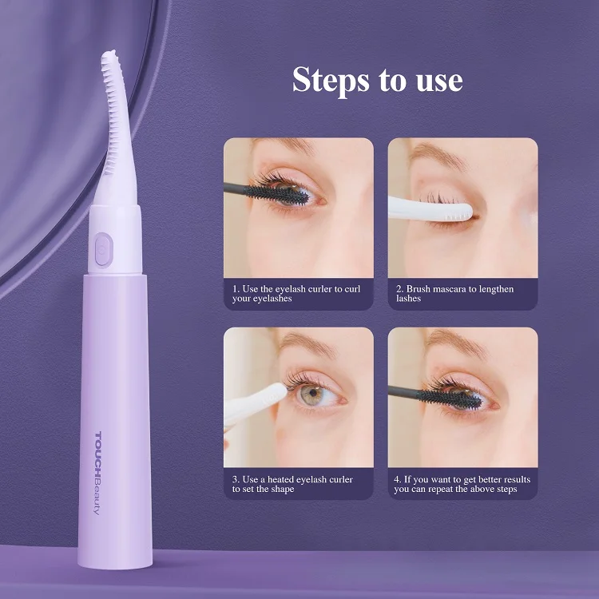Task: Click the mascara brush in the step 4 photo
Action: point(447,396)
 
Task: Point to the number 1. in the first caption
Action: point(236,288)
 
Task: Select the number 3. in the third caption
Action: point(236,479)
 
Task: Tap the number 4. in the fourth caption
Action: point(398,479)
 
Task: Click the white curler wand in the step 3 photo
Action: point(256,403)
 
